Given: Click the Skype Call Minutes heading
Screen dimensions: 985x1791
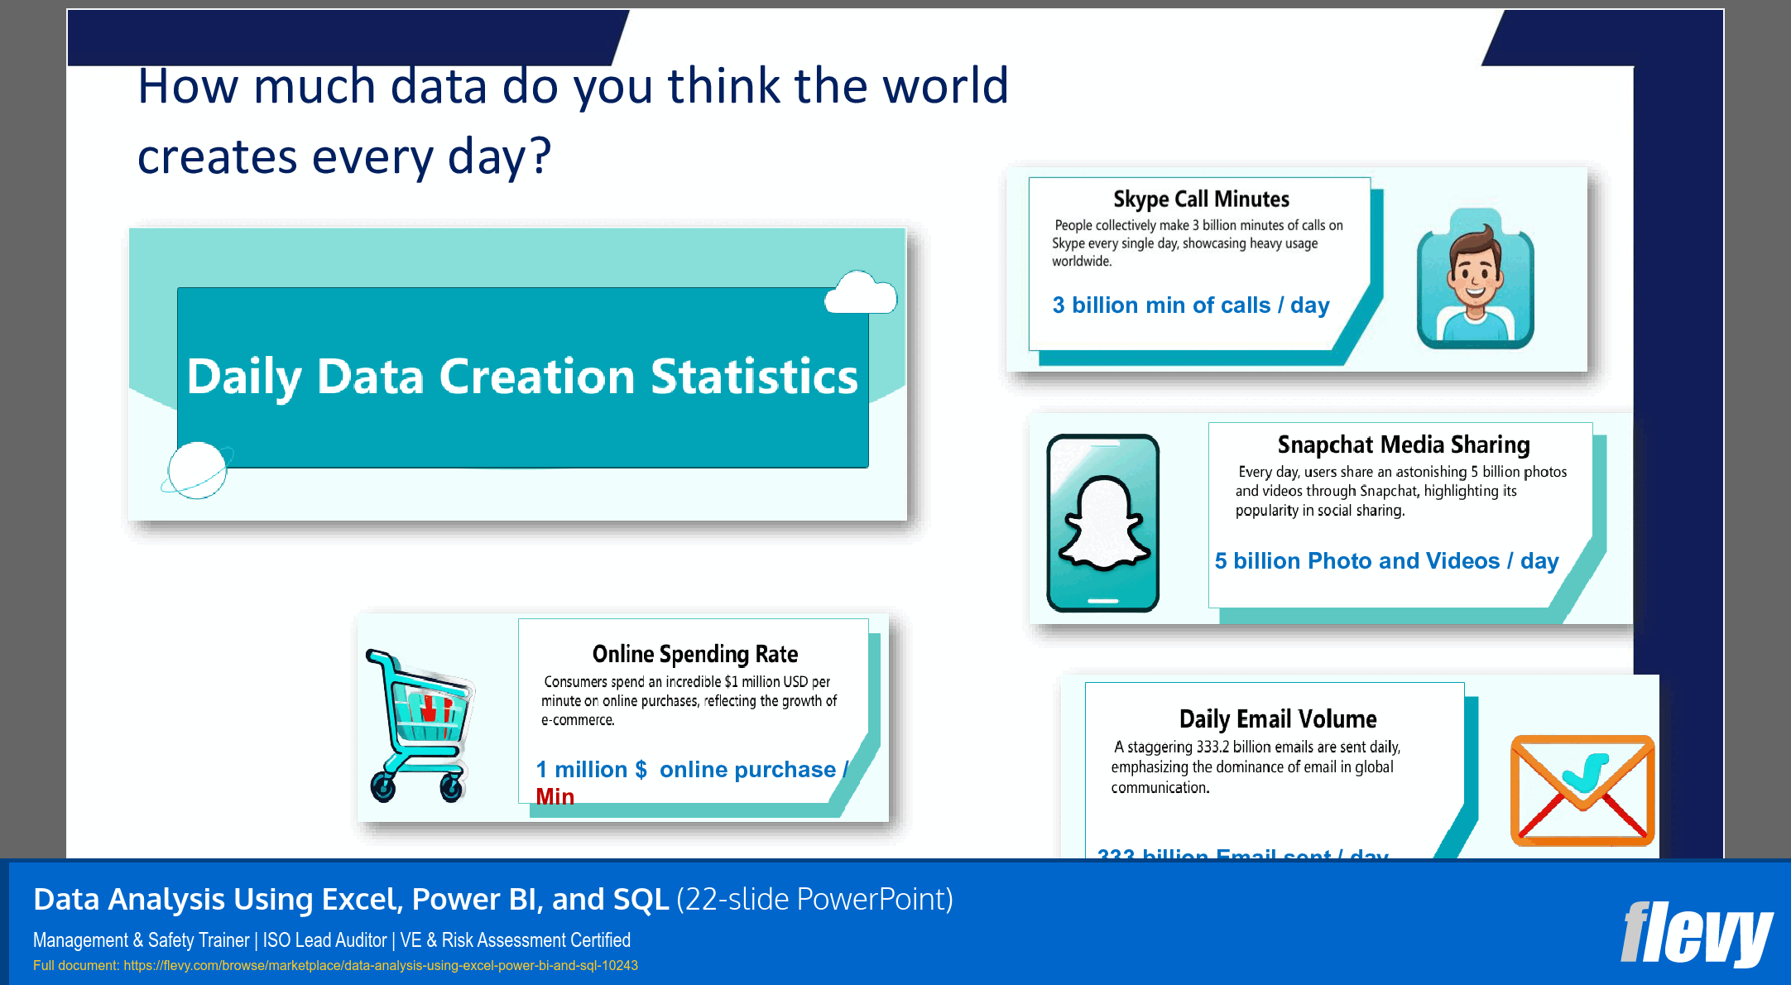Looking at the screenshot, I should pyautogui.click(x=1200, y=199).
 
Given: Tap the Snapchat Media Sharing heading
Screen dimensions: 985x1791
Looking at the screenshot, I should pyautogui.click(x=1403, y=445).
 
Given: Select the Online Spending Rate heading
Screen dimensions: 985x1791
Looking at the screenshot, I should pyautogui.click(x=694, y=655).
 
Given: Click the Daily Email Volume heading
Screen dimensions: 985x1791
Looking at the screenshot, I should pyautogui.click(x=1277, y=719).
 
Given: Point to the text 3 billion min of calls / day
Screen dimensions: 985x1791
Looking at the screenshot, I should pyautogui.click(x=1190, y=305).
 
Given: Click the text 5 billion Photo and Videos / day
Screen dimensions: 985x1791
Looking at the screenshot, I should pyautogui.click(x=1386, y=561).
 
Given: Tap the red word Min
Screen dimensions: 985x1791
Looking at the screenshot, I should pyautogui.click(x=555, y=796).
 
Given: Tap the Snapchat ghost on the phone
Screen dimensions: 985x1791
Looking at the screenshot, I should pyautogui.click(x=1103, y=524).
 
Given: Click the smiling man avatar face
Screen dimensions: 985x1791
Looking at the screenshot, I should pyautogui.click(x=1475, y=273).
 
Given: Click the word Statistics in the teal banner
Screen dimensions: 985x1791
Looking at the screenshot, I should pyautogui.click(x=754, y=377).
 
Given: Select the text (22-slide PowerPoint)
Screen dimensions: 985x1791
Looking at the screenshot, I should pyautogui.click(x=814, y=900).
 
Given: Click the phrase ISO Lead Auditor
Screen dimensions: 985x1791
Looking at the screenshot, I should pyautogui.click(x=324, y=940).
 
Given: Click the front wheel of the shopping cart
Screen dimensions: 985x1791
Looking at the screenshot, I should pyautogui.click(x=382, y=787).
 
